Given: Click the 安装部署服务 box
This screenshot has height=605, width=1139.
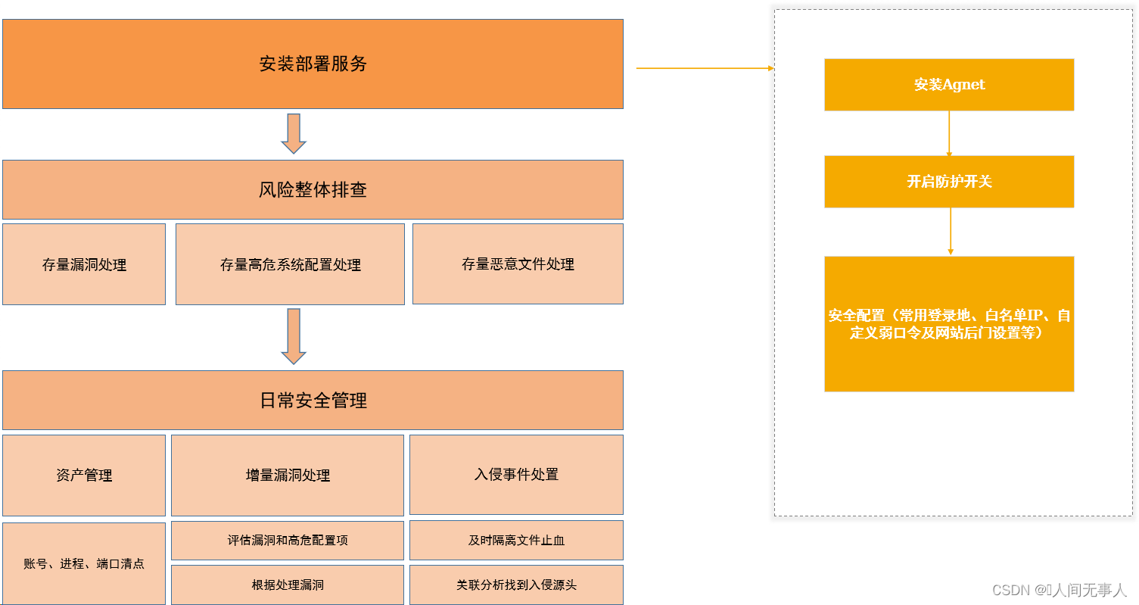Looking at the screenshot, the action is pos(313,64).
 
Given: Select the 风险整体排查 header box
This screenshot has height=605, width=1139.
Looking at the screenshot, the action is pos(313,189).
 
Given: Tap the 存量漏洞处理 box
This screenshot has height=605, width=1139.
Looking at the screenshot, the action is pos(84,264).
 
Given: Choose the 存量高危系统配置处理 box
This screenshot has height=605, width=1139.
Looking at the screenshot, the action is pos(290,264).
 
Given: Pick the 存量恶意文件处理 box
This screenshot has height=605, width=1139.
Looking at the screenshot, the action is pos(518,264).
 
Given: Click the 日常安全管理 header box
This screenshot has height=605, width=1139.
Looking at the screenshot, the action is pos(313,400).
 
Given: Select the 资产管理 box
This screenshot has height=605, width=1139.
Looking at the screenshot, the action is pos(84,475).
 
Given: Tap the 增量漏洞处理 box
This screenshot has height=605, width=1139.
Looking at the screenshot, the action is pos(288,475).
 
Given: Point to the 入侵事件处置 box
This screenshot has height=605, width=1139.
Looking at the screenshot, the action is pos(516,474).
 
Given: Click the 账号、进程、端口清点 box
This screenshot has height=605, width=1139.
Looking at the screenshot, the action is pos(84,563).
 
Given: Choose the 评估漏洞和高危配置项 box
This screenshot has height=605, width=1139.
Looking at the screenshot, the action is pos(288,540).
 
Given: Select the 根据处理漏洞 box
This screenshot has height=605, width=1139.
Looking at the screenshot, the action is pos(288,585).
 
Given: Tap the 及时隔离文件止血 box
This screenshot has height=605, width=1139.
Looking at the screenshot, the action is pos(516,540).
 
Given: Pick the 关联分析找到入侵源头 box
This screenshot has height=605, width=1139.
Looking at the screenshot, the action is pos(516,585).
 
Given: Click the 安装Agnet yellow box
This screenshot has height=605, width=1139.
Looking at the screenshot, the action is pos(949,85).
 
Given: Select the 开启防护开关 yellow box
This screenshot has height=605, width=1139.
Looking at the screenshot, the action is pos(949,182).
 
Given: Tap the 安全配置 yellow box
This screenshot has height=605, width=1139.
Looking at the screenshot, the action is pos(949,324).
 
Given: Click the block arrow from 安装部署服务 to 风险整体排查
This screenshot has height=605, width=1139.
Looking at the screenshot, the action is pos(293,133).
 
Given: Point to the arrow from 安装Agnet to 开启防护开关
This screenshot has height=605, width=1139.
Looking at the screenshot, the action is pos(949,133).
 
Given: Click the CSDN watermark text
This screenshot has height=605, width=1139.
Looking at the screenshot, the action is pos(1059,589).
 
